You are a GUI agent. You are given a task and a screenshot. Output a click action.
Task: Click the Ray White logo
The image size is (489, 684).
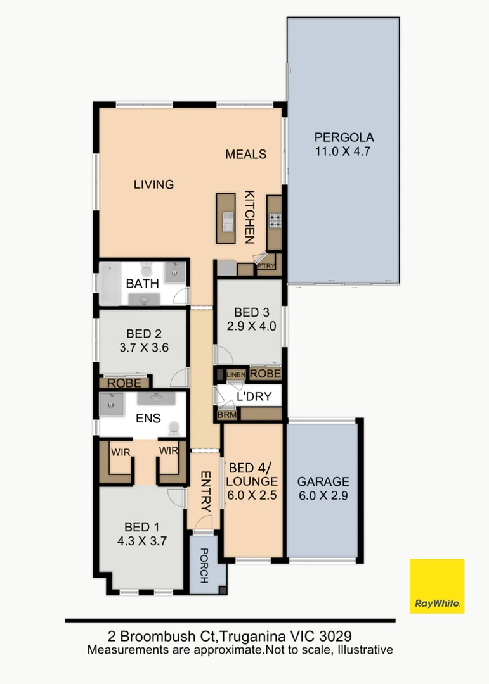pyautogui.click(x=437, y=586)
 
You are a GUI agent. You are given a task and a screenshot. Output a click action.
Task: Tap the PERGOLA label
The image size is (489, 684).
pyautogui.click(x=344, y=137)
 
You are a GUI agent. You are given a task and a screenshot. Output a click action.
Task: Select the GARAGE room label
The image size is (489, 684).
pyautogui.click(x=323, y=481)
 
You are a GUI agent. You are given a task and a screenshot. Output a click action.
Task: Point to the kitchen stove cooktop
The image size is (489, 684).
pyautogui.click(x=276, y=220)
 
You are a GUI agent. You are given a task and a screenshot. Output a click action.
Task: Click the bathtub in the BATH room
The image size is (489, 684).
pyautogui.click(x=114, y=283)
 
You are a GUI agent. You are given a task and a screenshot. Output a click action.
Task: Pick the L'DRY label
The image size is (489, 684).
pyautogui.click(x=254, y=397)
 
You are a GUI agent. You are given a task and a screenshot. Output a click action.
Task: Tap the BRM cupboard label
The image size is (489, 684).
pyautogui.click(x=227, y=415)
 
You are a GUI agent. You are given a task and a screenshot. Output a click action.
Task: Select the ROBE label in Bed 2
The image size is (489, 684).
pyautogui.click(x=124, y=383)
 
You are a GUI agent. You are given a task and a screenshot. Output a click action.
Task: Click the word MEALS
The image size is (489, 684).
pyautogui.click(x=246, y=154)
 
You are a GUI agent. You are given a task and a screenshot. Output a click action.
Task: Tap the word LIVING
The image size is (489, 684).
pyautogui.click(x=153, y=184)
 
